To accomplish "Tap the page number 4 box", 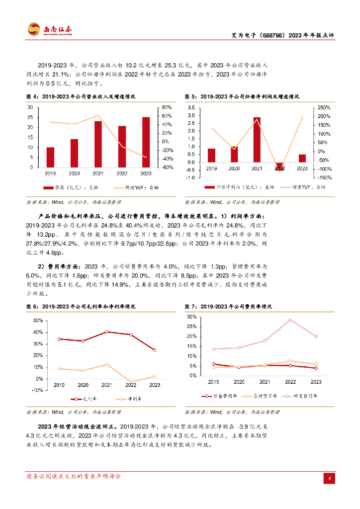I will tap(329, 478).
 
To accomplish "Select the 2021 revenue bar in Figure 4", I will tap(98, 144).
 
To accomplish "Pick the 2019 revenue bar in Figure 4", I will tap(50, 157).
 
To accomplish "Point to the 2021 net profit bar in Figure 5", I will tap(257, 140).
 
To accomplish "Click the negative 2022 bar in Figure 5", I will tap(279, 167).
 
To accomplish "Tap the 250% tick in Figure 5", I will tap(324, 107).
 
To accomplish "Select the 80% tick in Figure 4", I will tap(167, 107).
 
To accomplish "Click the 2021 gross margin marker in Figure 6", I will tap(107, 332).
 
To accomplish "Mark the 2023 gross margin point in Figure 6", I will tap(155, 350).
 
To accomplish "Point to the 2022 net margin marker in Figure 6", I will tap(131, 382).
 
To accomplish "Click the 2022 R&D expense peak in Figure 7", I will tap(290, 320).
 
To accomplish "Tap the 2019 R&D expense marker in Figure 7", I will tap(214, 349).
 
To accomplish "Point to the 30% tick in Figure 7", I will tap(192, 317).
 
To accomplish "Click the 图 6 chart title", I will tap(81, 307).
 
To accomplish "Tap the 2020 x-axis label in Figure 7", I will tap(239, 381).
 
